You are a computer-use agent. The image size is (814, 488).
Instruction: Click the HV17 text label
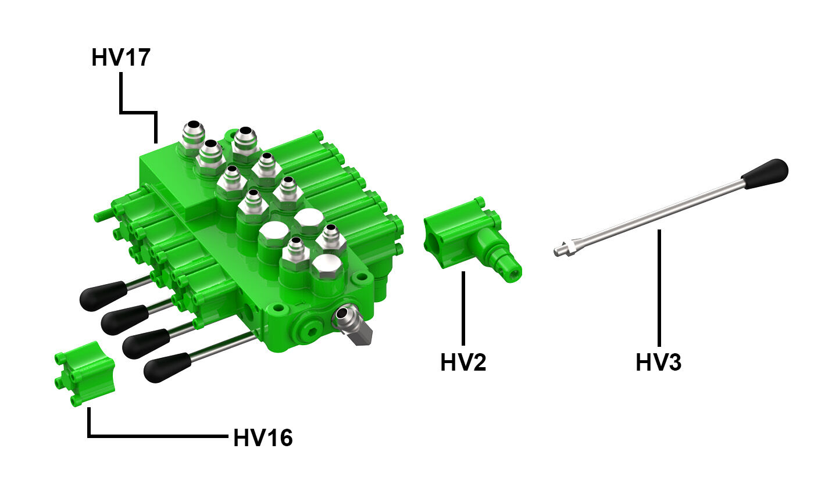[121, 58]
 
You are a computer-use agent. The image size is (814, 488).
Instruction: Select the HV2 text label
[463, 363]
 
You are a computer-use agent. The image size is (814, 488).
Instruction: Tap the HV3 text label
[658, 363]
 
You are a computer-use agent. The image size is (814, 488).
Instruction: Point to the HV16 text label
[263, 438]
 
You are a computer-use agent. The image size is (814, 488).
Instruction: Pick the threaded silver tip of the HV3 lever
[562, 250]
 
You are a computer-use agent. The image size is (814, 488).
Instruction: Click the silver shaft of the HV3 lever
[657, 216]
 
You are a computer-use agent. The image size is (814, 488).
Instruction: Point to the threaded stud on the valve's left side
[102, 216]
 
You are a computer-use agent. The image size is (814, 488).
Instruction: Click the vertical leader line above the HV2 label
[463, 308]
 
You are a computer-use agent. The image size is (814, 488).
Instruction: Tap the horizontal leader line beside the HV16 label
[157, 436]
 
